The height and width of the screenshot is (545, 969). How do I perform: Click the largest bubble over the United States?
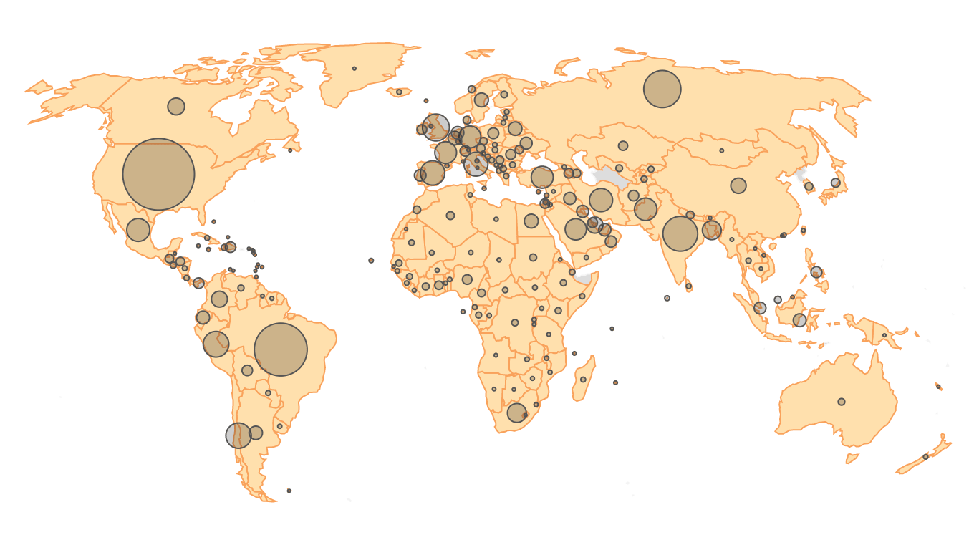pyautogui.click(x=158, y=174)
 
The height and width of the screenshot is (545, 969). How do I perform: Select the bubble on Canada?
pyautogui.click(x=176, y=107)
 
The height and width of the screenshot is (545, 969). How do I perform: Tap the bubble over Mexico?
pyautogui.click(x=138, y=230)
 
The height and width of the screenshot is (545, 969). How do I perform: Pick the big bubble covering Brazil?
pyautogui.click(x=281, y=349)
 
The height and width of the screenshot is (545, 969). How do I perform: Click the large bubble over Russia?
pyautogui.click(x=662, y=89)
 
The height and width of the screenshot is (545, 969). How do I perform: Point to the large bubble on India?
pyautogui.click(x=680, y=233)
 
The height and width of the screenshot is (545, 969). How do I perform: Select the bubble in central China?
pyautogui.click(x=738, y=185)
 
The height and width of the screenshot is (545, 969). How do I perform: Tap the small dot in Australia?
pyautogui.click(x=842, y=402)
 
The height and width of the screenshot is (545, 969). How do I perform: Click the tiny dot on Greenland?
pyautogui.click(x=355, y=69)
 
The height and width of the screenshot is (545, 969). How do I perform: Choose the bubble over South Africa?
pyautogui.click(x=516, y=413)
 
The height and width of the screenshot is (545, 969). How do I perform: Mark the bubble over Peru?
pyautogui.click(x=216, y=344)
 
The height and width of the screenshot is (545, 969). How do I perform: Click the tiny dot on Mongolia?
pyautogui.click(x=721, y=150)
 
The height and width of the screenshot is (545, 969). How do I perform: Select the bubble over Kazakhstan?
pyautogui.click(x=623, y=146)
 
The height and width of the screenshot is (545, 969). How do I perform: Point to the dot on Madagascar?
pyautogui.click(x=583, y=380)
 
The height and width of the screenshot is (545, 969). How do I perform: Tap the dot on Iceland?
pyautogui.click(x=399, y=92)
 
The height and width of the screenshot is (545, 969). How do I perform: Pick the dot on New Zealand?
pyautogui.click(x=925, y=457)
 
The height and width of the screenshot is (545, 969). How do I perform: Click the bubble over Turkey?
pyautogui.click(x=542, y=177)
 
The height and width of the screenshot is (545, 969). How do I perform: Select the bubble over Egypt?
pyautogui.click(x=531, y=221)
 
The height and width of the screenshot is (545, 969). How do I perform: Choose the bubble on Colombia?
pyautogui.click(x=219, y=299)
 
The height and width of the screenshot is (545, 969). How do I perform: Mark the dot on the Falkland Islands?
pyautogui.click(x=289, y=491)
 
